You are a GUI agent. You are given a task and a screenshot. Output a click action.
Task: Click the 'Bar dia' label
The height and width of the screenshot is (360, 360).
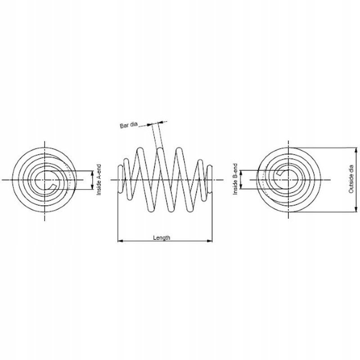[129, 125]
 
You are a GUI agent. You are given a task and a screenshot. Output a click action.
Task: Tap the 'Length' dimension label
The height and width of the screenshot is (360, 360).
[162, 238]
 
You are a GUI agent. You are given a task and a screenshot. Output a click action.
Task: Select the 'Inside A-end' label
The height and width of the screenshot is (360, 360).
[99, 180]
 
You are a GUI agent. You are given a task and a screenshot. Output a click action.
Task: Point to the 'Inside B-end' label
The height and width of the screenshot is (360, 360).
[235, 179]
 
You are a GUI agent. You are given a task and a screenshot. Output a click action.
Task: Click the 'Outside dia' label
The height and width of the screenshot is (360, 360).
[351, 179]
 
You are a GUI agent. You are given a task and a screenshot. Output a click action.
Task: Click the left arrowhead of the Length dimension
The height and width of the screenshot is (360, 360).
[120, 241]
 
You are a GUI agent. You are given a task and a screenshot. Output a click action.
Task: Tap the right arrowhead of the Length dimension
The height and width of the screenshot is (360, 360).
[210, 241]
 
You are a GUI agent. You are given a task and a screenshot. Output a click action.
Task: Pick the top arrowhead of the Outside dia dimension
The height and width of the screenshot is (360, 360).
[356, 150]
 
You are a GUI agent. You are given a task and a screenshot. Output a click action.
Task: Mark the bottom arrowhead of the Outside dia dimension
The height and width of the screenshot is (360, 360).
[356, 209]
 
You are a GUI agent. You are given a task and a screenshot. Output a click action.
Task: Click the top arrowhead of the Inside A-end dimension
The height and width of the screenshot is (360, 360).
[93, 173]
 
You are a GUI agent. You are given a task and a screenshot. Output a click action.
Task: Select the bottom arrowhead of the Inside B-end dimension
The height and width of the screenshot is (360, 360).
[241, 186]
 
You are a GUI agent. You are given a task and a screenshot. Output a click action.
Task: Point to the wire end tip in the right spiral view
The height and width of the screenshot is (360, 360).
[279, 173]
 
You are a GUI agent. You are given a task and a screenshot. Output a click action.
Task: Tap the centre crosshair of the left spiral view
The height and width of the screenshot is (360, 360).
[45, 180]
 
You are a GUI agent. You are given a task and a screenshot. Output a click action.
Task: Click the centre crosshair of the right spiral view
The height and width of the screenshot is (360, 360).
[288, 180]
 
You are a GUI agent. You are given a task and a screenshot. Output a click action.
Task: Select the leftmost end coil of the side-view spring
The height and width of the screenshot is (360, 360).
[120, 179]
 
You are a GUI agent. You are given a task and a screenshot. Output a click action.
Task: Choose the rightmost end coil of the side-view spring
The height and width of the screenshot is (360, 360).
[209, 179]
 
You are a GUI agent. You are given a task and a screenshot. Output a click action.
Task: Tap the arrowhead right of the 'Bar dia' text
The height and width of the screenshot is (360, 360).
[150, 125]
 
